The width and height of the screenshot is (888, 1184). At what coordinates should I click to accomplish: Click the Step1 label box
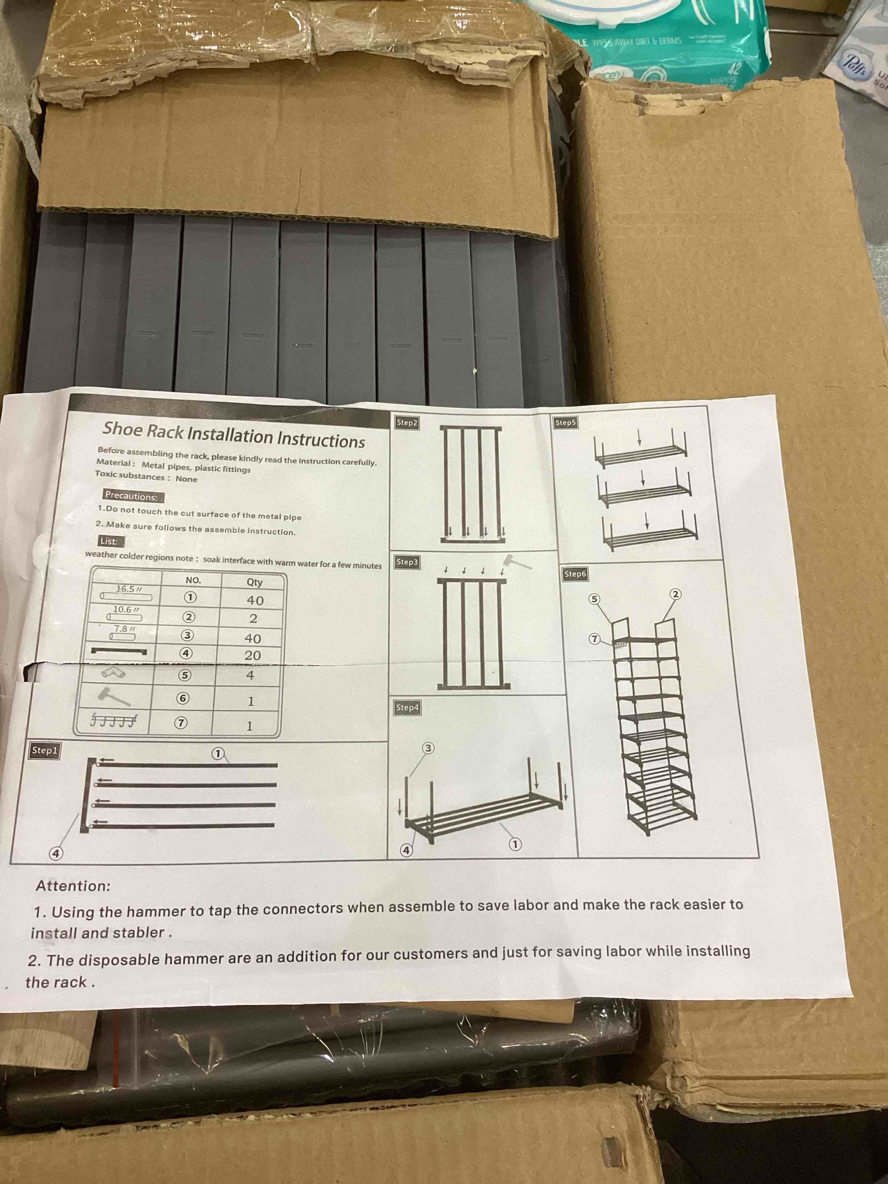click(x=44, y=751)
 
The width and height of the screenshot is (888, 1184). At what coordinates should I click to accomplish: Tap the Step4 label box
click(x=407, y=708)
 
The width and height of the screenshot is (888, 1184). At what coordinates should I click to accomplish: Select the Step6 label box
click(x=575, y=574)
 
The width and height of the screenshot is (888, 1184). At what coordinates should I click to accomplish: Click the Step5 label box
click(x=565, y=423)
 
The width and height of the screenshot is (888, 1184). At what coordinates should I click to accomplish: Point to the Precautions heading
click(x=131, y=496)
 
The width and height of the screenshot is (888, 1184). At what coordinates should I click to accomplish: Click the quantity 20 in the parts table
click(x=252, y=656)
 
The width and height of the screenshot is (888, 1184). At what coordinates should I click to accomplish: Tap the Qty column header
click(x=254, y=582)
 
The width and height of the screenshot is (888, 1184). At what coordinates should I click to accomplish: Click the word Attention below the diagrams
click(x=73, y=886)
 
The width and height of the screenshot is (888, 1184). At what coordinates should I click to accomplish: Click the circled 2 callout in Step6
click(x=675, y=594)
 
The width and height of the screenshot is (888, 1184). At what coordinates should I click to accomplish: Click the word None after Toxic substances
click(x=186, y=478)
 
